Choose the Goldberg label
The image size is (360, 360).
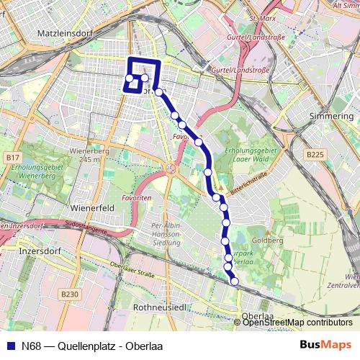(266, 240)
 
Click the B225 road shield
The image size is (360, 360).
(314, 154)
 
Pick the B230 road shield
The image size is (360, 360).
(70, 294)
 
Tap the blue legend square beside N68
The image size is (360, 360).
(10, 344)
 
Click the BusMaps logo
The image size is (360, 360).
(325, 343)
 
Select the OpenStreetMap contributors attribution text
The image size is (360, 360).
(297, 322)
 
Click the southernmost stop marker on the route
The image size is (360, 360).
(235, 282)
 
